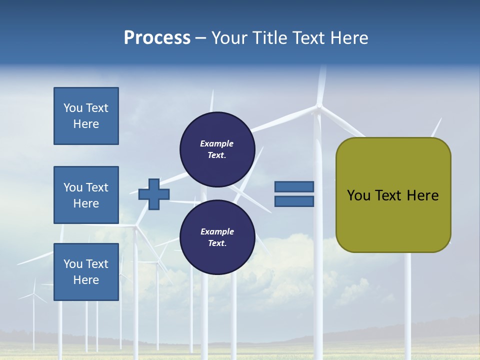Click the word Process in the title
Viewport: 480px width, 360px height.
tap(157, 38)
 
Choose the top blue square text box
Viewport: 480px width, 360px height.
tap(86, 116)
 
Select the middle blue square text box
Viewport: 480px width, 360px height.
tap(86, 195)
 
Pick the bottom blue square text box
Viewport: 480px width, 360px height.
tap(86, 272)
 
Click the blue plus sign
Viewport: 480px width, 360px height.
tap(154, 194)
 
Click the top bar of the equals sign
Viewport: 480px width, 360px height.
tap(294, 186)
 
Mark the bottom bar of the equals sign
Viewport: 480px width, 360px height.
tap(294, 201)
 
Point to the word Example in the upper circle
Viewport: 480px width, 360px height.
tap(217, 143)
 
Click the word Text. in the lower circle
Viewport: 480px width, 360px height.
tap(217, 243)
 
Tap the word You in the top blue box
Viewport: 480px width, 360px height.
tap(72, 108)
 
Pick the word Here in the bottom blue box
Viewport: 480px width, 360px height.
tap(86, 280)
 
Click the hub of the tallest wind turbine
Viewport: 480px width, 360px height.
tap(318, 106)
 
